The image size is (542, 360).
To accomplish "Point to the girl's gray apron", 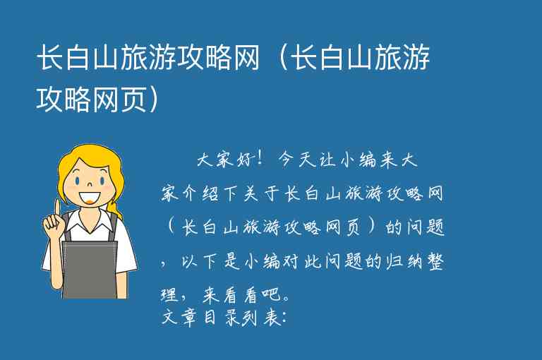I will pos(90,268).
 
